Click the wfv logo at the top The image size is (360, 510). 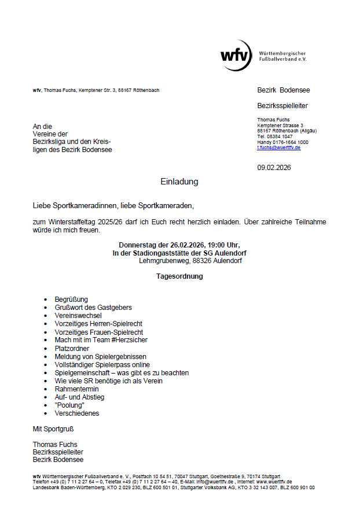[x=236, y=56]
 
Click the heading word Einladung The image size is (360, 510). [x=179, y=182]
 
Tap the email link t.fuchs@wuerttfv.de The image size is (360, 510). [x=279, y=147]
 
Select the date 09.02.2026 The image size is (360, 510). [x=274, y=168]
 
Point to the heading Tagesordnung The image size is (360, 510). [x=179, y=276]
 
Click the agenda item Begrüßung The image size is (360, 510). [x=71, y=300]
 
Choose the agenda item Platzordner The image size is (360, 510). [x=72, y=349]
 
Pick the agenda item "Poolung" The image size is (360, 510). [x=69, y=405]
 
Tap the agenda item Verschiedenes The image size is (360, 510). [x=77, y=413]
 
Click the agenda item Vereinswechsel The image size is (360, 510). [x=78, y=316]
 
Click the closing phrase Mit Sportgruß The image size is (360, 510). [x=53, y=429]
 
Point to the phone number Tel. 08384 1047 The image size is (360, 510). [x=275, y=136]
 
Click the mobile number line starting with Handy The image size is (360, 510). [x=282, y=142]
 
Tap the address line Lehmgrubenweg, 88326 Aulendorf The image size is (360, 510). [x=190, y=261]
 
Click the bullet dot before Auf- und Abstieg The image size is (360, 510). [x=46, y=398]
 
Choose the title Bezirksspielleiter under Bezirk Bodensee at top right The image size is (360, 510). [x=282, y=106]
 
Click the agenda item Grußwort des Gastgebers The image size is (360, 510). [x=93, y=308]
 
